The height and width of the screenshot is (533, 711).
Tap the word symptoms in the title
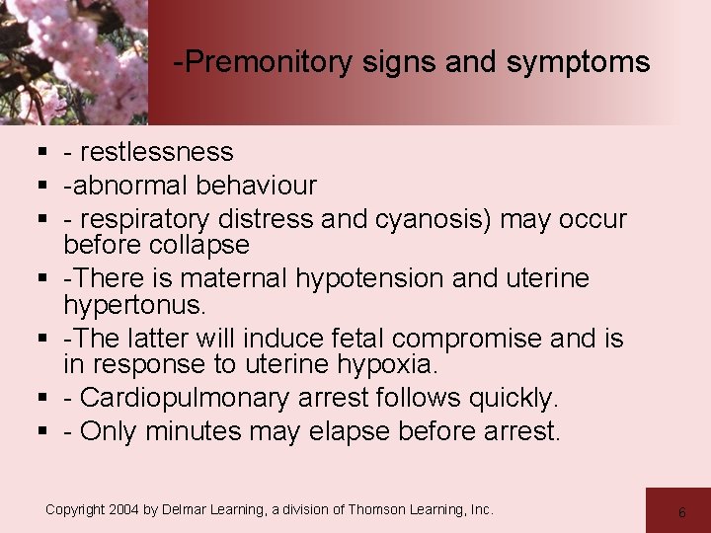click(578, 63)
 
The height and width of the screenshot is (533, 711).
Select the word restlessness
click(156, 152)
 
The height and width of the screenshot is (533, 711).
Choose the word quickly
click(513, 399)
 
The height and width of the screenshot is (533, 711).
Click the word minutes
click(191, 431)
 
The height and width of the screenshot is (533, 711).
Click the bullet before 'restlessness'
click(44, 153)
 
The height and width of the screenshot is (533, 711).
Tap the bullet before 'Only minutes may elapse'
click(44, 432)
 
